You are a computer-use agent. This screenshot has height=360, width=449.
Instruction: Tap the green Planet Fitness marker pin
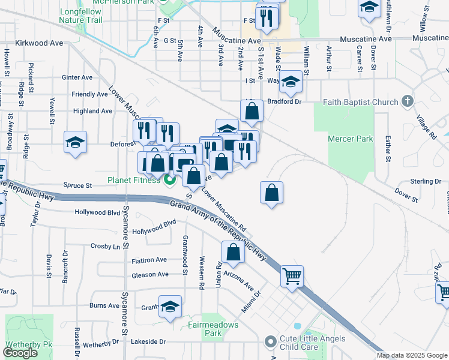pos(170,179)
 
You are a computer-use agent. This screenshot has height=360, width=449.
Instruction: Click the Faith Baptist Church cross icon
pos(408,101)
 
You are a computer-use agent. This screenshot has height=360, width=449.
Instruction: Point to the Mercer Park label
pos(346,139)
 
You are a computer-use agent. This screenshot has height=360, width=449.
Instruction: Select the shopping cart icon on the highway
pos(292,277)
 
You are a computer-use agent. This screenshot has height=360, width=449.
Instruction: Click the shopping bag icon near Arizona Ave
pos(233,252)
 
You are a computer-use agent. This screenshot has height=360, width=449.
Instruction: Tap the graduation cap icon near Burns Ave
pos(170,307)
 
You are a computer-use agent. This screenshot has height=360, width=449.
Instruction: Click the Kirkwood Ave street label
pos(39,43)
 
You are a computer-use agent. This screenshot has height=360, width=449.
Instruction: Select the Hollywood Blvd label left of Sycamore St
pos(97,212)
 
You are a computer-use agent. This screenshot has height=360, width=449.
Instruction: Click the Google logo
pos(20,353)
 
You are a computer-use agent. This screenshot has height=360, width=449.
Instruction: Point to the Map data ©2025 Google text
pos(412,355)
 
